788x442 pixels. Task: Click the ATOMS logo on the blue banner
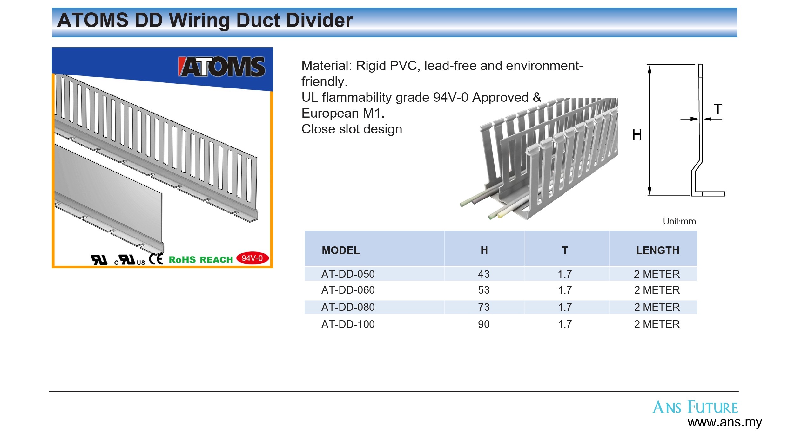coord(221,67)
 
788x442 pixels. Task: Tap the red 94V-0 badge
coord(253,258)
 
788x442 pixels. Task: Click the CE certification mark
coord(156,259)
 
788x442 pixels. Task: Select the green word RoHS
coord(182,260)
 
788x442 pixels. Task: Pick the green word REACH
coord(216,260)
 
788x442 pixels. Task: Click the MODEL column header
coord(341,250)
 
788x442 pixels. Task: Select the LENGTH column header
coord(658,250)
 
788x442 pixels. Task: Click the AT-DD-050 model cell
coord(348,274)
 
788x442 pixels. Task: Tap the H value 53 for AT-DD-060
coord(484,290)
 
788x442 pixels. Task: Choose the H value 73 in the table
coord(484,307)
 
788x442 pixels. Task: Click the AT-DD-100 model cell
coord(348,324)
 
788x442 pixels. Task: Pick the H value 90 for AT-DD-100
coord(484,324)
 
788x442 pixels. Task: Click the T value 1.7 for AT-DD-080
coord(565,307)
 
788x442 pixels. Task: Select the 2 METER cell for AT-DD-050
coord(657,274)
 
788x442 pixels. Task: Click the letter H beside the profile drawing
coord(637,135)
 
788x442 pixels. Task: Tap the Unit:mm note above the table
coord(679,221)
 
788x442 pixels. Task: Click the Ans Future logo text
coord(695,407)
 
